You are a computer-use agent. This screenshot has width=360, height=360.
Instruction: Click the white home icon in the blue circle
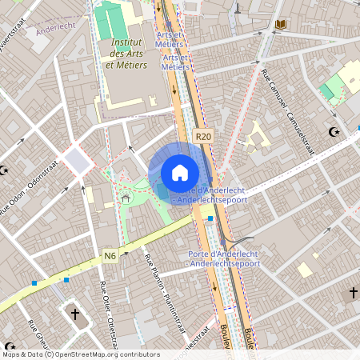180,172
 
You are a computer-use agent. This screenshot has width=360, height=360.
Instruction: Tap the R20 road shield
204,137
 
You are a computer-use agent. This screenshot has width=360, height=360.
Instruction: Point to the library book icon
280,25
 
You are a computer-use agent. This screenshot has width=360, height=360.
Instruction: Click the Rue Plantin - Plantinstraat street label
156,283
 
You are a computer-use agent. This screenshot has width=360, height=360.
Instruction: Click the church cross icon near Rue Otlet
75,314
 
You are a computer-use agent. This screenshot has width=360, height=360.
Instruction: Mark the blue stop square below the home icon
210,218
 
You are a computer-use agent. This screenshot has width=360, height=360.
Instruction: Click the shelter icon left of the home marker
125,198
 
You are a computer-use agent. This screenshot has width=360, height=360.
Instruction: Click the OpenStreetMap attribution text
80,354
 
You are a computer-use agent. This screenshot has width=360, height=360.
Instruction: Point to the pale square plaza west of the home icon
77,161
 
